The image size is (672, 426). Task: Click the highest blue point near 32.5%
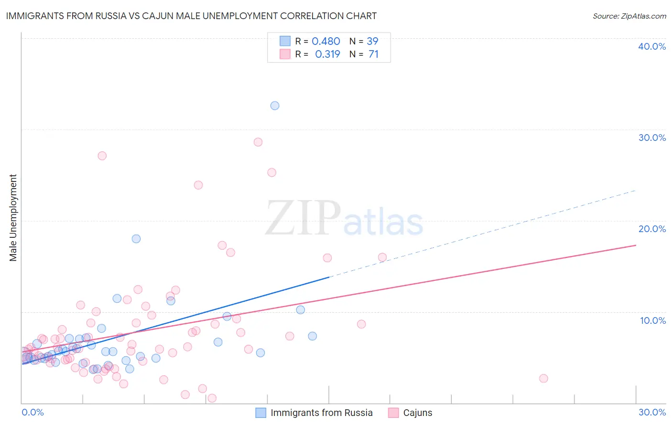[x=275, y=106]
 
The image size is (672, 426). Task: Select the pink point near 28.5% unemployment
[x=258, y=142]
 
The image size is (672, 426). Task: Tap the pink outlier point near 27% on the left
[x=102, y=156]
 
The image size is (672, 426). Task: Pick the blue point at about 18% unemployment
[x=136, y=239]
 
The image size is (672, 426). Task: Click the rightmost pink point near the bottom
[x=543, y=378]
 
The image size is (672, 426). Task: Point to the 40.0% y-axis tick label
[x=652, y=46]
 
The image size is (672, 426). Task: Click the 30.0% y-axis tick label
[x=652, y=138]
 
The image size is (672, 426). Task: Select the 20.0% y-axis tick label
[x=652, y=229]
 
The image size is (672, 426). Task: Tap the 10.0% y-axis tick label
[x=653, y=320]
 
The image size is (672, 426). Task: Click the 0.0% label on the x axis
[x=33, y=412]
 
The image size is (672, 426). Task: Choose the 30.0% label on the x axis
[x=652, y=412]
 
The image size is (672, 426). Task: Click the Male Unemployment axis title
[x=13, y=218]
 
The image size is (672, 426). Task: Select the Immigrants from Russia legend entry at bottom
[x=321, y=413]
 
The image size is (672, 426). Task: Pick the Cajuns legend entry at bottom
[x=417, y=413]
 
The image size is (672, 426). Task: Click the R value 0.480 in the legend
[x=326, y=42]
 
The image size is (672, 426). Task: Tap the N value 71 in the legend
[x=373, y=54]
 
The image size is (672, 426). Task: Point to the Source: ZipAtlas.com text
[x=629, y=16]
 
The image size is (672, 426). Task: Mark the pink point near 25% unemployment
[x=272, y=172]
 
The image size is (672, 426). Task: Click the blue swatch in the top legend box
[x=285, y=41]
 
